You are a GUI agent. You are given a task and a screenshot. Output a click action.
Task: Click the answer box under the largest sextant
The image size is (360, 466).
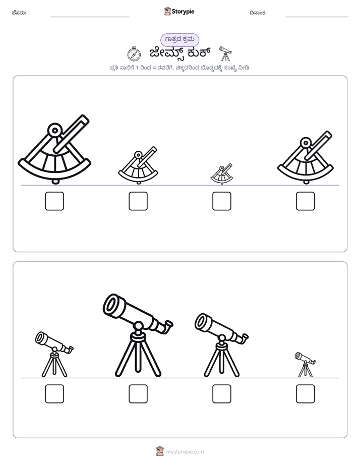click(54, 201)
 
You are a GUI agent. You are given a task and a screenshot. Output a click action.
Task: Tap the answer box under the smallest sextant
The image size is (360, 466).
click(221, 201)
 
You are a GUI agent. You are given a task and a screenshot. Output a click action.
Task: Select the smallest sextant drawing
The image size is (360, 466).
click(221, 174)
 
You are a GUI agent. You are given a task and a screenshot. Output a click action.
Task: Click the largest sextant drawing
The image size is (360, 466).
click(54, 149)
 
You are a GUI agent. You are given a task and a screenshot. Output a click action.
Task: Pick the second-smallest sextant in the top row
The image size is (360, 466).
click(138, 165)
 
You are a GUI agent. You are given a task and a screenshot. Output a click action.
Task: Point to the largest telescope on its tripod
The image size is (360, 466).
click(138, 335)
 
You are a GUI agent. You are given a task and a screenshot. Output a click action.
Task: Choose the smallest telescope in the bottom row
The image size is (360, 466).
click(306, 365)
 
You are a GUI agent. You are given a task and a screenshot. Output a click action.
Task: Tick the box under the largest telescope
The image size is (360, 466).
click(138, 394)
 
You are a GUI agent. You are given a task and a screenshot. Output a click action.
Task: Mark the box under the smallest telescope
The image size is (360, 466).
click(306, 394)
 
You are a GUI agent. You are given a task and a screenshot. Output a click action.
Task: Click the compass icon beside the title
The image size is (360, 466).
click(134, 54)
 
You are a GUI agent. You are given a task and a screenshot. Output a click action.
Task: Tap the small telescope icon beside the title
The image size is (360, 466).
click(225, 54)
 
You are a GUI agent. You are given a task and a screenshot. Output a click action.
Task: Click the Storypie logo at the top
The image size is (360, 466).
click(179, 11)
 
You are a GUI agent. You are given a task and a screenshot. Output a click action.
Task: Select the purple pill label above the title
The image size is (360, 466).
click(179, 39)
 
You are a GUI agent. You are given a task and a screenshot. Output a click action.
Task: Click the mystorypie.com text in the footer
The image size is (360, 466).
click(185, 452)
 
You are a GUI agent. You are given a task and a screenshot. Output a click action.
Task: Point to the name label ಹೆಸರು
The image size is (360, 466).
click(19, 13)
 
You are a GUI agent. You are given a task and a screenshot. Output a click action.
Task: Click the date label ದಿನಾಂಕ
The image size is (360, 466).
click(258, 13)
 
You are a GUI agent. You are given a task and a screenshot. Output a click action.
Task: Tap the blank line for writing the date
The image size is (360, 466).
click(317, 17)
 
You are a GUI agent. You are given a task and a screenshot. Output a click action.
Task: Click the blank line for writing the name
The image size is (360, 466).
click(90, 17)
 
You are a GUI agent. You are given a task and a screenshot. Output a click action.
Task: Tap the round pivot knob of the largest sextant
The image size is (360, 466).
click(54, 130)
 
